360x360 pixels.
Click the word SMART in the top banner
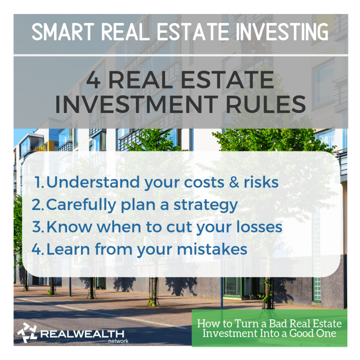click(63, 32)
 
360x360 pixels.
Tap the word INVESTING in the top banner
click(282, 32)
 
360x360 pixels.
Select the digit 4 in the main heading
click(93, 80)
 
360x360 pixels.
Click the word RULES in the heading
click(266, 105)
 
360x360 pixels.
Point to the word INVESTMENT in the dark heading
click(136, 105)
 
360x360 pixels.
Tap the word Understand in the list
click(93, 182)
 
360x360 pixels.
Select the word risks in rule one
click(261, 182)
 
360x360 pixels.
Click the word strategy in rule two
click(205, 205)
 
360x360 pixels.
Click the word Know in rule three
click(69, 227)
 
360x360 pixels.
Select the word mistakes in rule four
click(212, 249)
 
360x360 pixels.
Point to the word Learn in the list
click(68, 249)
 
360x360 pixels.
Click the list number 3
click(37, 227)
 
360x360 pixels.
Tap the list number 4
click(37, 249)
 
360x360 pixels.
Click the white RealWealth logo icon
click(27, 333)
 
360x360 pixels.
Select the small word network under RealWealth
click(118, 341)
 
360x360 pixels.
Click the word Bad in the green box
click(278, 324)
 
